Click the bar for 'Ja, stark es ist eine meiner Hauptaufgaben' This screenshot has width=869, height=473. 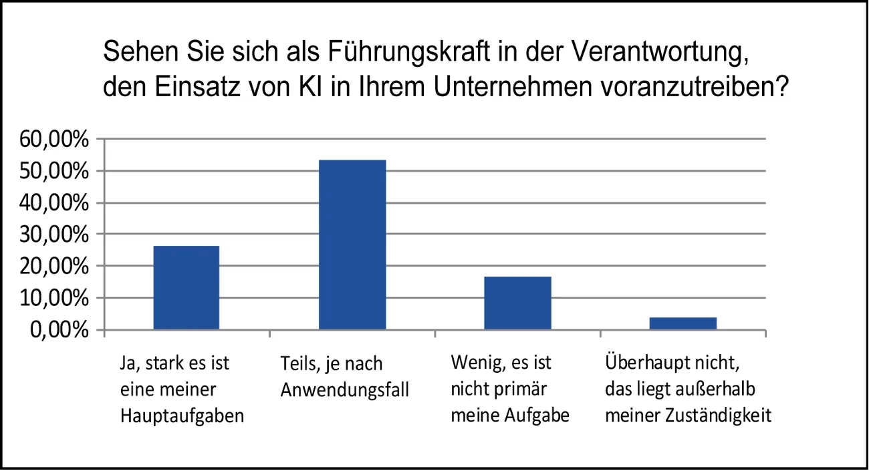tap(186, 287)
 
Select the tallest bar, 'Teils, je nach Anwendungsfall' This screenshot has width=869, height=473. tap(352, 245)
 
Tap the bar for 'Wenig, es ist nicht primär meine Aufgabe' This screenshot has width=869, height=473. tap(517, 303)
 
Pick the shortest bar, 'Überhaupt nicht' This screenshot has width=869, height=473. tap(682, 323)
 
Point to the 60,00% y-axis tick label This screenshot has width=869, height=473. tap(56, 140)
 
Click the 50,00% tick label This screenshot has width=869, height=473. tap(56, 172)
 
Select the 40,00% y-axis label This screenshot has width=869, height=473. tap(56, 203)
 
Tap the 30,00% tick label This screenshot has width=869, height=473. tap(56, 235)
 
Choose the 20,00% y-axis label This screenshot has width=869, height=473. tap(56, 267)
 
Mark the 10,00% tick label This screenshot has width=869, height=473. tap(56, 299)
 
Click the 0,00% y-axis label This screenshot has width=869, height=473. tap(61, 330)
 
